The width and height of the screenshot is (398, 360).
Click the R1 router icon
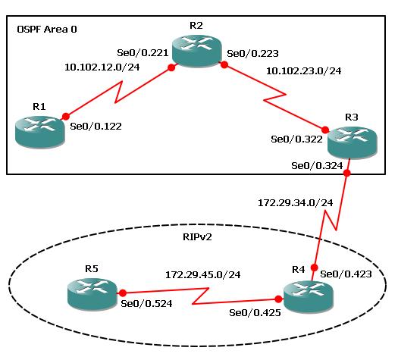tap(40, 132)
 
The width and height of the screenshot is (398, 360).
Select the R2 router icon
tap(197, 51)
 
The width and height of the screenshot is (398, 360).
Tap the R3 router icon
tap(353, 142)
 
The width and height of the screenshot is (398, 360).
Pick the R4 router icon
tap(308, 296)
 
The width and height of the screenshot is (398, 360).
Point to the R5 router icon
tap(92, 295)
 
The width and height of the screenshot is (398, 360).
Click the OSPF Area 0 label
tap(47, 30)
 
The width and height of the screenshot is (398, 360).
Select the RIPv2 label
tap(197, 237)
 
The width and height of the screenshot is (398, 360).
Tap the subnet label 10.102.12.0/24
tap(102, 67)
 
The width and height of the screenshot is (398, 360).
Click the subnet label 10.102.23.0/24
tap(303, 70)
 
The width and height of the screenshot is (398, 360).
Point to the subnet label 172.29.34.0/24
tap(296, 202)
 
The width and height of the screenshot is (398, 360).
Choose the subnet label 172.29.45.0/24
tap(203, 275)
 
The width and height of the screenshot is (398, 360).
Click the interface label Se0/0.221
tap(143, 53)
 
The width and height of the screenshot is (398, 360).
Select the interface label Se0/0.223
tap(252, 54)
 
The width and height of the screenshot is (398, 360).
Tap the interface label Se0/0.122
tap(96, 127)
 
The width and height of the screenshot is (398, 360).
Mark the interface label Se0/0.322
tap(296, 139)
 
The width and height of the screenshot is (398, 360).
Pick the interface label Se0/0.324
tap(317, 166)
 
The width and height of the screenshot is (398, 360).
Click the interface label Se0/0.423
tap(346, 274)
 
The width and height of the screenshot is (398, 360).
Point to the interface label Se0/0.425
tap(255, 313)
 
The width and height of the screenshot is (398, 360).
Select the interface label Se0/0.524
tap(146, 304)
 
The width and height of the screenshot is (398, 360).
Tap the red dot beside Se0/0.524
tap(123, 293)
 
